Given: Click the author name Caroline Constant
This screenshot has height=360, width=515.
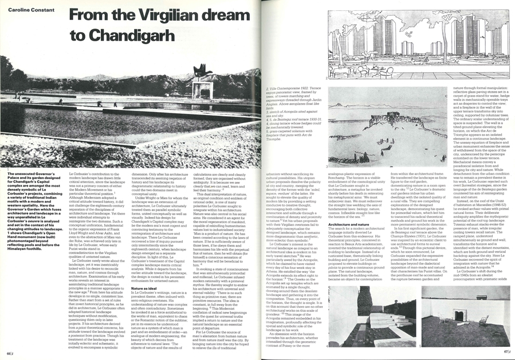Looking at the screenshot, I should (x=25, y=10).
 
